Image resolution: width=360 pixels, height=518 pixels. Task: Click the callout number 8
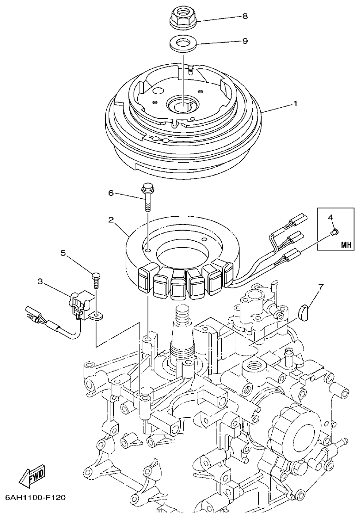[245, 16]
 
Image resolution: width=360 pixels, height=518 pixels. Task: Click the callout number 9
[245, 41]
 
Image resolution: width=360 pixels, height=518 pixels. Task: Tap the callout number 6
[111, 193]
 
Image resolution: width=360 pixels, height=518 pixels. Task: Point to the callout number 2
[111, 219]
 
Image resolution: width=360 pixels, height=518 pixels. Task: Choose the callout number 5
[63, 253]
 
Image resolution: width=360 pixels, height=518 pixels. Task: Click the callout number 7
[321, 286]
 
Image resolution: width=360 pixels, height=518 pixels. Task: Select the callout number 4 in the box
[330, 216]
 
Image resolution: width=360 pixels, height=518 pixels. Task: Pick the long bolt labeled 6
[147, 196]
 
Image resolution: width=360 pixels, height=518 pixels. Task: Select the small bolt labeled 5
[96, 280]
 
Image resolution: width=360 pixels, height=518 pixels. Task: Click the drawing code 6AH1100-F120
[35, 498]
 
